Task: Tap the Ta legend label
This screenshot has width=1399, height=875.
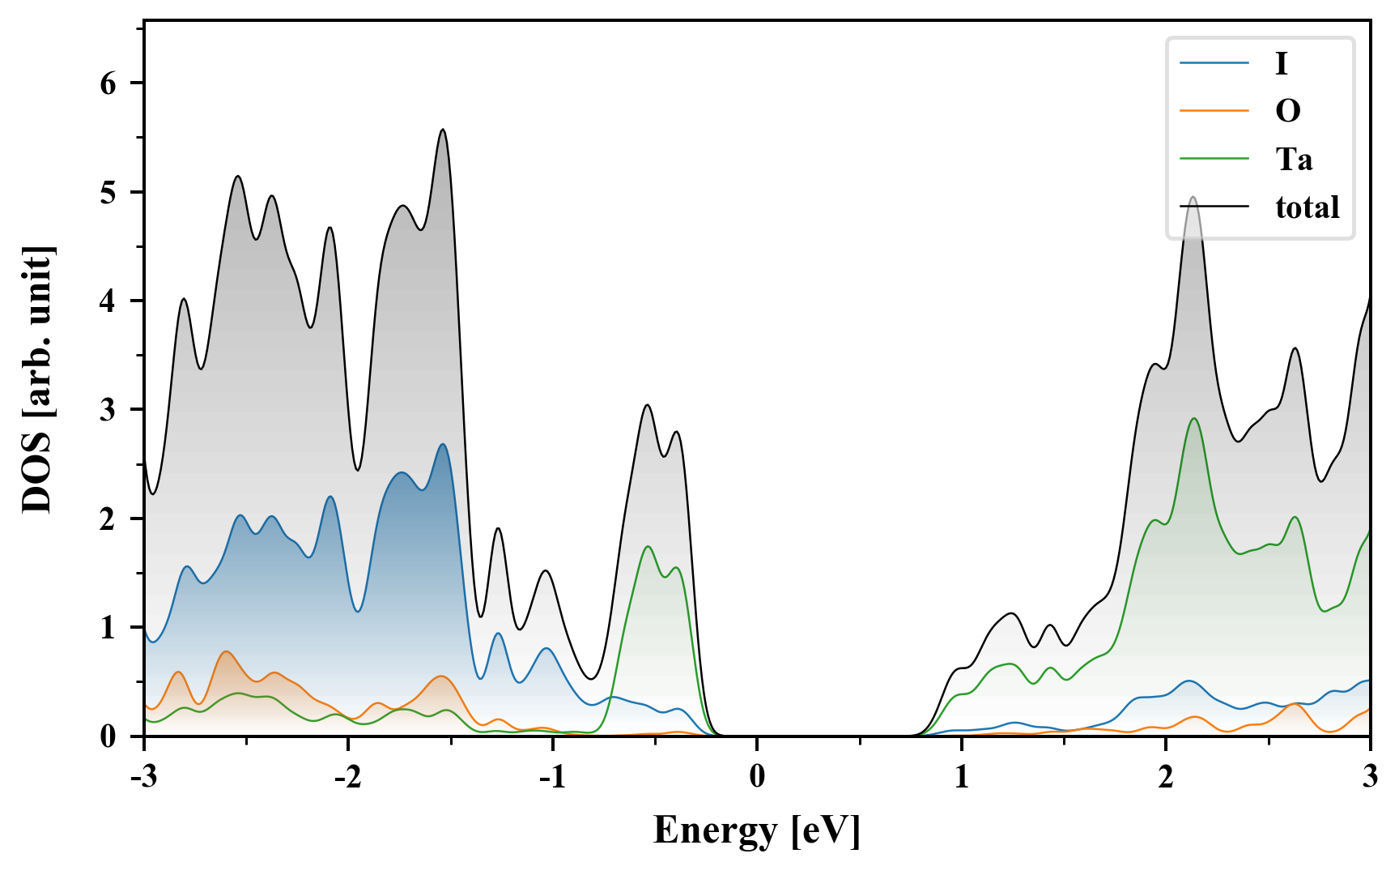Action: (x=1294, y=159)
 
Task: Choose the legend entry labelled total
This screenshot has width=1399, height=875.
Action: (x=1307, y=207)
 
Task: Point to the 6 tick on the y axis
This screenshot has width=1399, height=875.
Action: (x=108, y=83)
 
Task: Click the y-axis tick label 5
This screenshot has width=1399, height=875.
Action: (x=108, y=192)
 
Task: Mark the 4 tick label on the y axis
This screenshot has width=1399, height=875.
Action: (x=108, y=301)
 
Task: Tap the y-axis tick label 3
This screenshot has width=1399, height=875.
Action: (x=108, y=410)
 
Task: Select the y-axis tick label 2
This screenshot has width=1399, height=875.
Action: (x=108, y=519)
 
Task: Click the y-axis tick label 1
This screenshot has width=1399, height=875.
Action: (x=108, y=628)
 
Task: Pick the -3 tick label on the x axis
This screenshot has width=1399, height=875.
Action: (x=143, y=776)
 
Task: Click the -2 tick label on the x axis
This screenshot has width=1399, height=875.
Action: (x=347, y=776)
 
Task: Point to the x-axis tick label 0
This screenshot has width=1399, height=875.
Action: (x=757, y=776)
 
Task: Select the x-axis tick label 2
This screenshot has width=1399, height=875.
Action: (x=1166, y=776)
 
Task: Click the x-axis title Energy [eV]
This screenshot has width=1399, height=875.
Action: (x=757, y=830)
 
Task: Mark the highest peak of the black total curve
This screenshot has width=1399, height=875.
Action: (x=443, y=130)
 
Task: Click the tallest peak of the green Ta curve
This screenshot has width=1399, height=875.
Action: (x=1194, y=419)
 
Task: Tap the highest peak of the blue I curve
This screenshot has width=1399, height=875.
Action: (x=443, y=444)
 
